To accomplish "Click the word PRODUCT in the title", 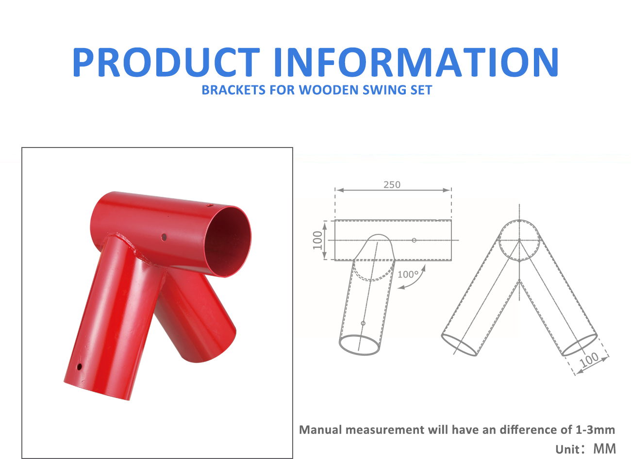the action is [x=166, y=62].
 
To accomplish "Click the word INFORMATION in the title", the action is [x=416, y=62].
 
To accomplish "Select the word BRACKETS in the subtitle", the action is [x=233, y=90].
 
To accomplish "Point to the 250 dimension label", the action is [x=392, y=185].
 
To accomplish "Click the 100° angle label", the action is [x=408, y=274].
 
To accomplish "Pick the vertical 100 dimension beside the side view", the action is [x=317, y=240].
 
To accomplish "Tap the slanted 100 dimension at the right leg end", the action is [x=589, y=360].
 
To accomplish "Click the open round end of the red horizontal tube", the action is [x=228, y=242].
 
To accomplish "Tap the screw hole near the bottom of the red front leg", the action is [x=80, y=366].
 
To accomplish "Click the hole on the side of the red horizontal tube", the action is [x=164, y=237].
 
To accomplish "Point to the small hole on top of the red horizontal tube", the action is [x=209, y=205].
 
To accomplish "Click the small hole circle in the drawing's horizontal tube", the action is [x=414, y=240].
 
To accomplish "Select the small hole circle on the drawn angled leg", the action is [x=363, y=323].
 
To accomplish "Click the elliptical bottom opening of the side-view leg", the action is [x=360, y=345].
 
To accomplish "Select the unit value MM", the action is [x=604, y=449].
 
